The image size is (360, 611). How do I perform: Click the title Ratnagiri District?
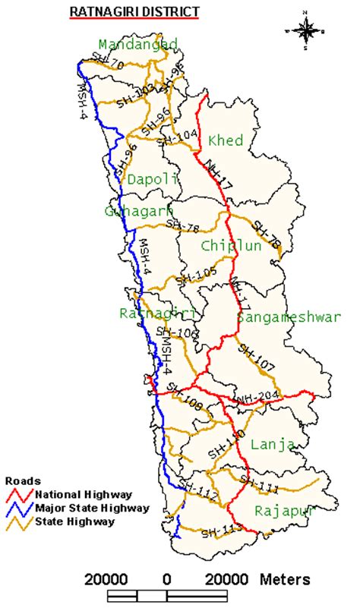pos(134,12)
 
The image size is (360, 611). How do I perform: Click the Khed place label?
pos(225,141)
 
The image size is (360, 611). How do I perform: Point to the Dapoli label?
pos(152,180)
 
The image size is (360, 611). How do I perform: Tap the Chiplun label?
pos(231,246)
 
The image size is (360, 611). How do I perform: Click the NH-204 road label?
pos(254,398)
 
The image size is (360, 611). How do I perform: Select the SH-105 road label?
pos(196,276)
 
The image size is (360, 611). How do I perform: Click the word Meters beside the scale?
pos(285,580)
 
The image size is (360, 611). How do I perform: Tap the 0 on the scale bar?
pos(166,580)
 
